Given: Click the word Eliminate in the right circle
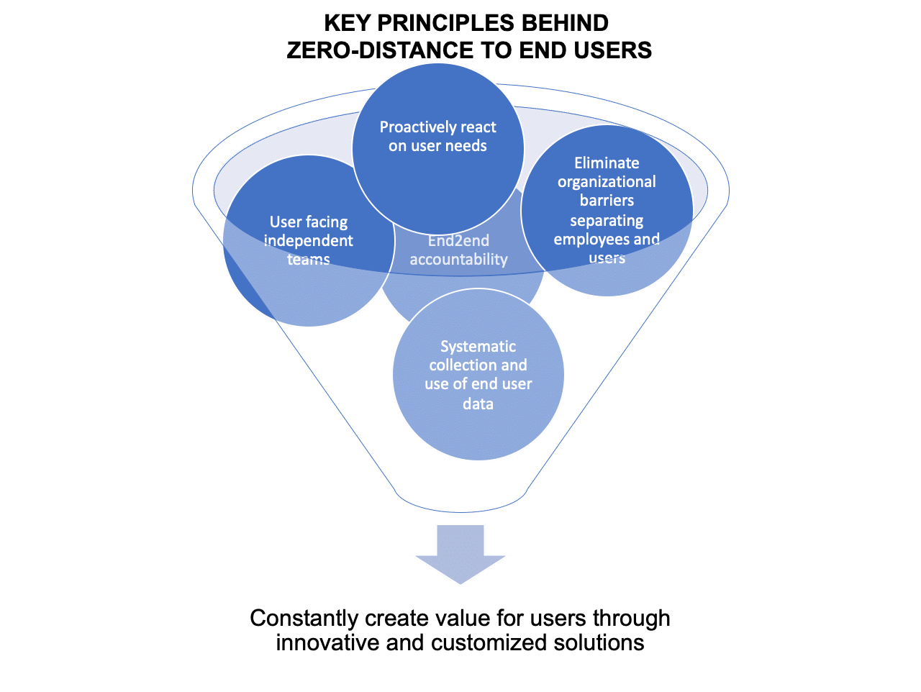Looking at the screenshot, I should point(607,163).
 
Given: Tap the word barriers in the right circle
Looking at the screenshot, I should point(607,201).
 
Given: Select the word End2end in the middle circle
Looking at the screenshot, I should point(458,241).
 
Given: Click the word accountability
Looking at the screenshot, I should point(458,260).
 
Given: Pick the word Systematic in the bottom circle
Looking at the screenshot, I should point(478,347).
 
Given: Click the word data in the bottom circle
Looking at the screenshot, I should point(478,404).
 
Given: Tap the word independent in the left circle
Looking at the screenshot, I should point(309,241).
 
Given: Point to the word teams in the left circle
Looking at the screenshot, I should point(309,260).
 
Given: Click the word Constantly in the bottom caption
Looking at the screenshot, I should point(304,618).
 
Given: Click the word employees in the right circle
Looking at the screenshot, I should point(591,240).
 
